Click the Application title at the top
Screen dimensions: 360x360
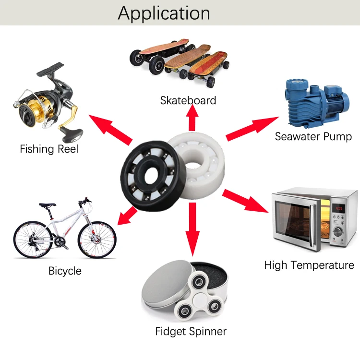pyautogui.click(x=164, y=13)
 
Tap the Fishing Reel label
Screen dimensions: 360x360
pyautogui.click(x=49, y=149)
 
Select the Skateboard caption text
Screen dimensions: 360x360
pyautogui.click(x=188, y=100)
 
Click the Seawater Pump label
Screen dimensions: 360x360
pyautogui.click(x=313, y=136)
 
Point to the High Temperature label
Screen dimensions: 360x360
pyautogui.click(x=309, y=265)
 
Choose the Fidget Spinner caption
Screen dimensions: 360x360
pyautogui.click(x=191, y=331)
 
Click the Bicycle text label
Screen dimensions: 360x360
pyautogui.click(x=65, y=271)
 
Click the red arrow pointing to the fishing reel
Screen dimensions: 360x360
pyautogui.click(x=110, y=129)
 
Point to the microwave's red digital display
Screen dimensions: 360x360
pyautogui.click(x=339, y=208)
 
